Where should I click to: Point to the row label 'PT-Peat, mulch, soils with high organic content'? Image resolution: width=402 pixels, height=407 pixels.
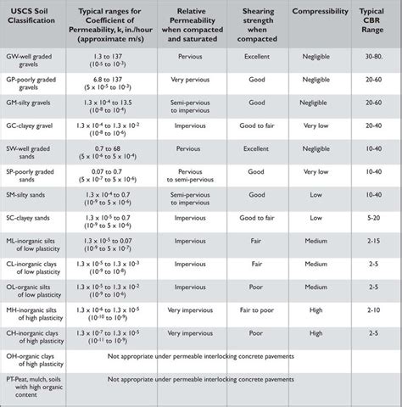click(36, 387)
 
